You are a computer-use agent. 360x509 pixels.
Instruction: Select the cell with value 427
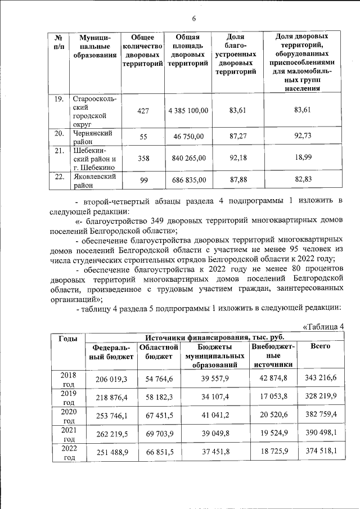click(x=143, y=111)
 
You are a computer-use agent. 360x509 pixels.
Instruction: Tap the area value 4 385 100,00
click(x=188, y=111)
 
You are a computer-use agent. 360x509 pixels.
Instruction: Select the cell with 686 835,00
click(x=188, y=181)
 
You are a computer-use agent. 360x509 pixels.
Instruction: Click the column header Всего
click(x=321, y=346)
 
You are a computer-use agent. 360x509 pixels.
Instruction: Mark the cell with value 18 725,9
click(x=273, y=452)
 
